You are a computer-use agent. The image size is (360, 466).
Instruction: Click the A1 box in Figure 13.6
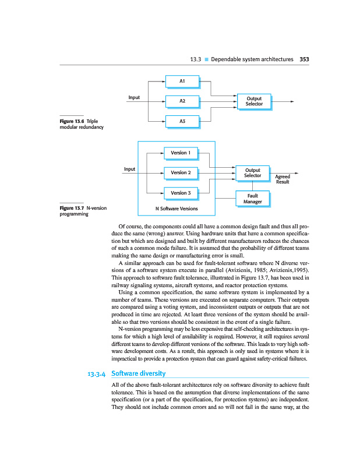click(182, 81)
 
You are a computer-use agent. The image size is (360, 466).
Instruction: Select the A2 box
click(182, 101)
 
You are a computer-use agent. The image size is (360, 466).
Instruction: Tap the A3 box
click(182, 121)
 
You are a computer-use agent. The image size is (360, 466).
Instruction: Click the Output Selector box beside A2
click(254, 101)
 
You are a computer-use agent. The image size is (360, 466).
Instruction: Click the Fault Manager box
click(252, 198)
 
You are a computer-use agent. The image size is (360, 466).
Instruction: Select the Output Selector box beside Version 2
click(252, 172)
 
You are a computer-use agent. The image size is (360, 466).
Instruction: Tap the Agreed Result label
click(283, 179)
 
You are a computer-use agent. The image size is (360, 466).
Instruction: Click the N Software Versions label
click(177, 208)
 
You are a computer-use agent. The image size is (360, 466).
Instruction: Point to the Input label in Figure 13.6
click(134, 97)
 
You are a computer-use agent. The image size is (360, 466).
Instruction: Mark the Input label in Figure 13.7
click(129, 169)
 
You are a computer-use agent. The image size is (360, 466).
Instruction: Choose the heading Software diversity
click(138, 373)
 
